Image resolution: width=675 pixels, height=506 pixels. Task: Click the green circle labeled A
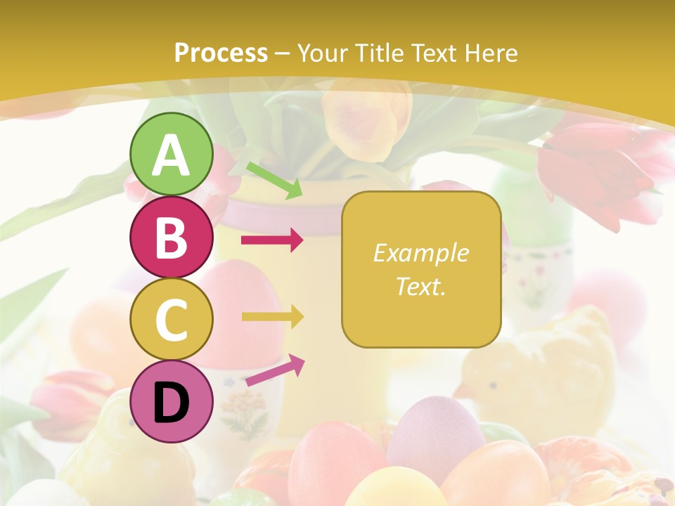[172, 155]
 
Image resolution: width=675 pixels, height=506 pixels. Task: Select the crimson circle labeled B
[172, 238]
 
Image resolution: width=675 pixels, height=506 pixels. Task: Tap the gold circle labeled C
[172, 319]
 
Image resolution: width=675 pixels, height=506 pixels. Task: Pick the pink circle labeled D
[172, 401]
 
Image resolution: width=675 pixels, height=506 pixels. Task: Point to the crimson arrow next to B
[272, 241]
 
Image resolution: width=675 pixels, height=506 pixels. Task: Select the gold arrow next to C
[272, 317]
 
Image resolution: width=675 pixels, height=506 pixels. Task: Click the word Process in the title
[221, 53]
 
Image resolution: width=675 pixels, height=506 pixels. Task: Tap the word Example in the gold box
[420, 253]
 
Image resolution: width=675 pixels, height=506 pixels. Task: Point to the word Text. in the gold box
[420, 286]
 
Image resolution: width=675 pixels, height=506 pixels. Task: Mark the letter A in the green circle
[172, 155]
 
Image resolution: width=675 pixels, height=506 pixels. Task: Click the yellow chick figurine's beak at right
[461, 391]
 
